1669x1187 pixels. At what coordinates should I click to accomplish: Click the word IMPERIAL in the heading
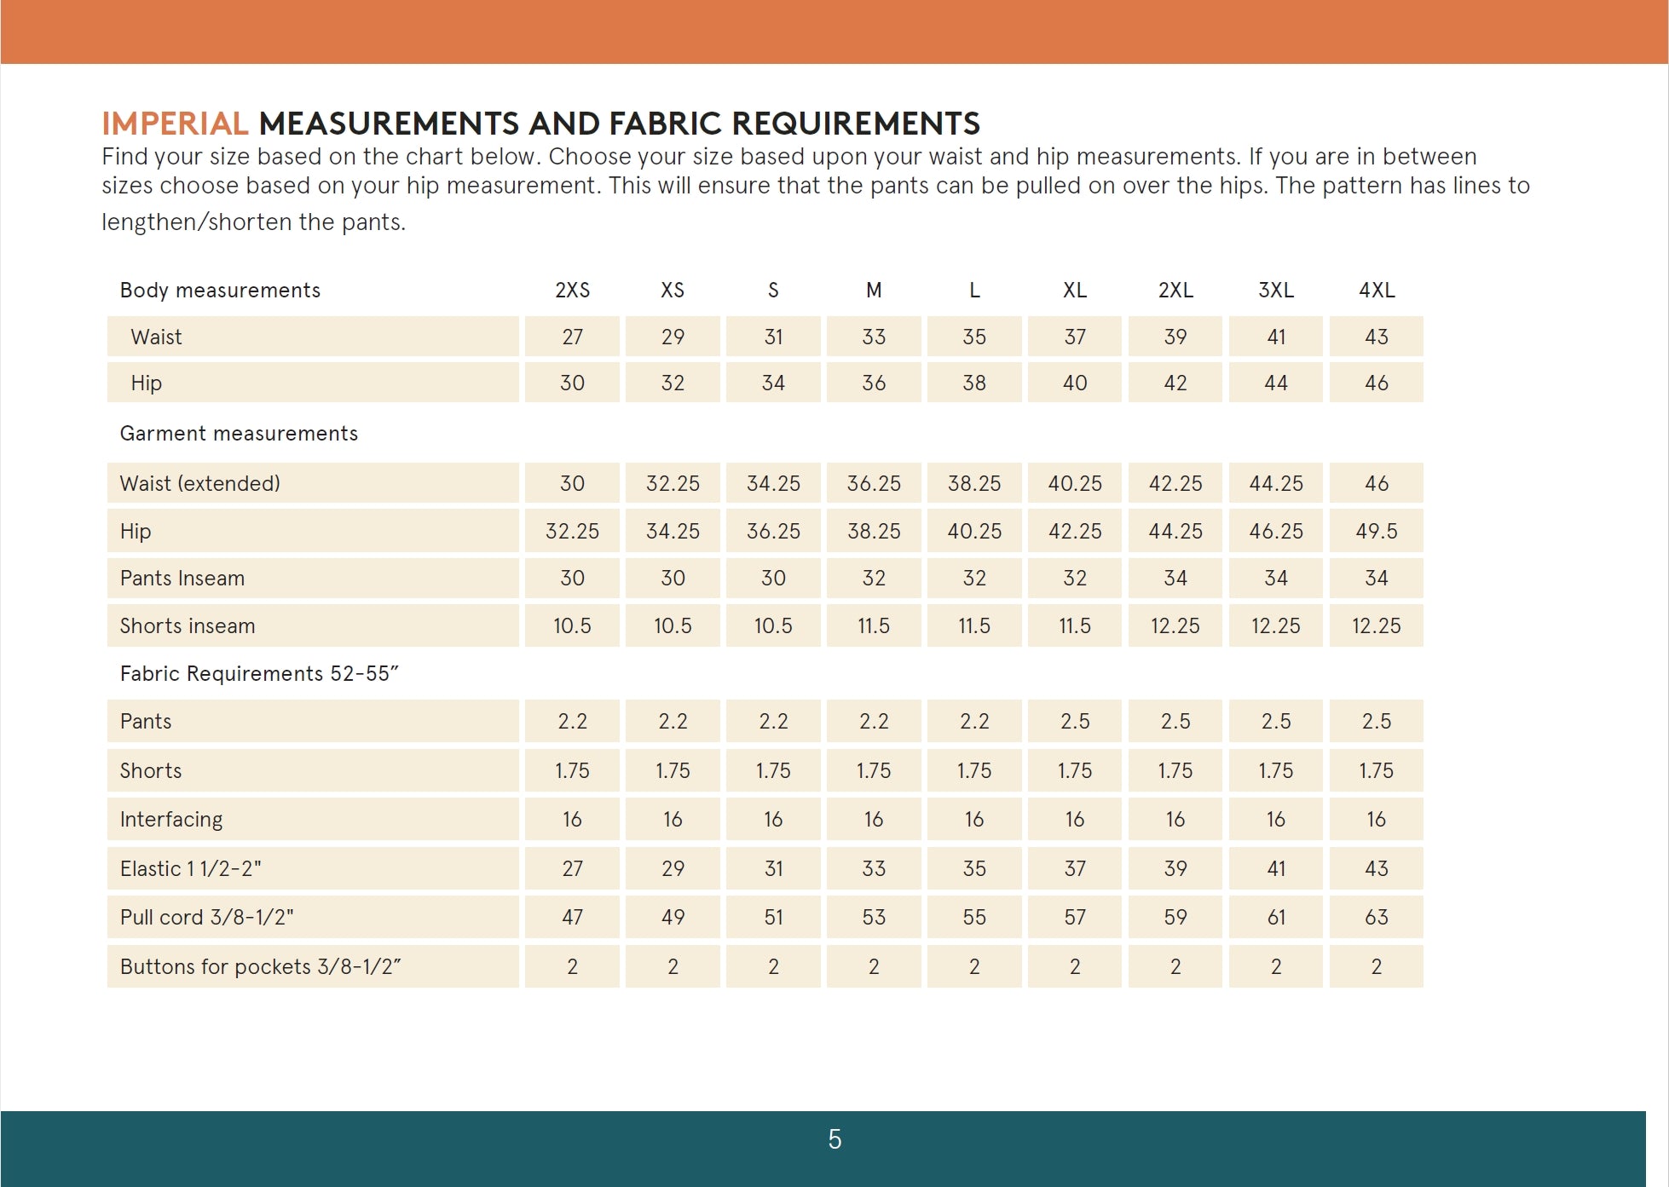175,124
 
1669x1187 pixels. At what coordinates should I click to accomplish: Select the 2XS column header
572,291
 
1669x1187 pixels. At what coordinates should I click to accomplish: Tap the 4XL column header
1376,291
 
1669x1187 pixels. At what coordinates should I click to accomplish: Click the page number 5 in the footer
834,1139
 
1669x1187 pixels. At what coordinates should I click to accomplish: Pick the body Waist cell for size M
874,337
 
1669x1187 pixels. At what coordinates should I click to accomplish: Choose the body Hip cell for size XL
1074,383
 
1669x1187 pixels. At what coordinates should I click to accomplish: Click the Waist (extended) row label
199,483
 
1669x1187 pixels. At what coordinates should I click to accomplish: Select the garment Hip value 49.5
1376,531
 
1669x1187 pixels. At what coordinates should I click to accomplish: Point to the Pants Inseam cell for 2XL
1175,578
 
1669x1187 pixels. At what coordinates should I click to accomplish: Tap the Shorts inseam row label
187,625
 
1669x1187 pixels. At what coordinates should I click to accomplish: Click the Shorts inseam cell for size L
973,625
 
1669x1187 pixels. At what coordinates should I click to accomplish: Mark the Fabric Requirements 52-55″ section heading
259,673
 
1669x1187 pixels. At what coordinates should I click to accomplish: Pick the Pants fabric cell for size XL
1074,721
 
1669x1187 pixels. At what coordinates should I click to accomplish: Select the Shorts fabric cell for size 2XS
572,770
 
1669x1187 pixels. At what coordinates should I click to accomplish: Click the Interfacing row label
170,819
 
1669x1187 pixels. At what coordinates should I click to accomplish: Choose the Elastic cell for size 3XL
1275,868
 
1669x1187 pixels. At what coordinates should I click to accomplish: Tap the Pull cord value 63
1376,917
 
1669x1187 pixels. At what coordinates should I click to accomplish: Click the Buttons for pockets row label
260,966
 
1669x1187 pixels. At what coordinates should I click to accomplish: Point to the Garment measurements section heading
239,433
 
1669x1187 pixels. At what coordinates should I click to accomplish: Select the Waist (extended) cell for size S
773,483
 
